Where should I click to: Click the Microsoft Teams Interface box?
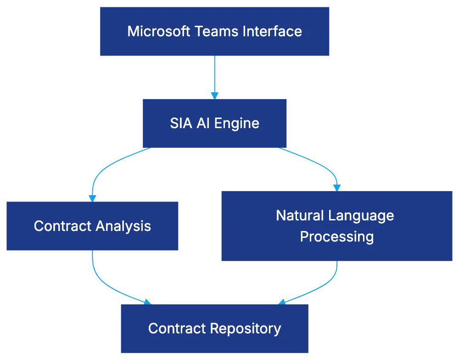coord(214,31)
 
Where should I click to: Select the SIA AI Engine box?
coord(214,123)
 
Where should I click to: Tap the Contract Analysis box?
coord(92,225)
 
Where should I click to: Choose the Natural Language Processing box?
coord(337,227)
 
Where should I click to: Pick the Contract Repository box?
coord(214,328)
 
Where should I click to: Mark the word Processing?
coord(337,236)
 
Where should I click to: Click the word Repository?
coord(246,328)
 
